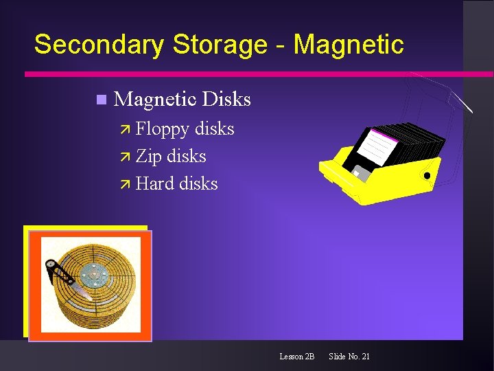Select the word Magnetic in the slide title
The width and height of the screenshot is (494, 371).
pyautogui.click(x=349, y=45)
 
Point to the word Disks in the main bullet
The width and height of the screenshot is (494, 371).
pyautogui.click(x=228, y=100)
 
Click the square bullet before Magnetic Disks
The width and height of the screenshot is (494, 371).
pyautogui.click(x=101, y=100)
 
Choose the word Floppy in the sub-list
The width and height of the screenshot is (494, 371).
pyautogui.click(x=163, y=129)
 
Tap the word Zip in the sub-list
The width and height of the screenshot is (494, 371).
pyautogui.click(x=148, y=157)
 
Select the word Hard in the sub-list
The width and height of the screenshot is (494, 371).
pyautogui.click(x=154, y=184)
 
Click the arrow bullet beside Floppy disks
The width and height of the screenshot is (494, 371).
pyautogui.click(x=126, y=129)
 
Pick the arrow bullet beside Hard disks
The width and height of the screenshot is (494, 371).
pyautogui.click(x=126, y=184)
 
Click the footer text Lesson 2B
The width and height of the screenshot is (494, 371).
pyautogui.click(x=296, y=357)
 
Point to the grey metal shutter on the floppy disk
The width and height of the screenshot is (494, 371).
pyautogui.click(x=360, y=172)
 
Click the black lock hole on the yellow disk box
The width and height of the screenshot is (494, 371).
pyautogui.click(x=427, y=176)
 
